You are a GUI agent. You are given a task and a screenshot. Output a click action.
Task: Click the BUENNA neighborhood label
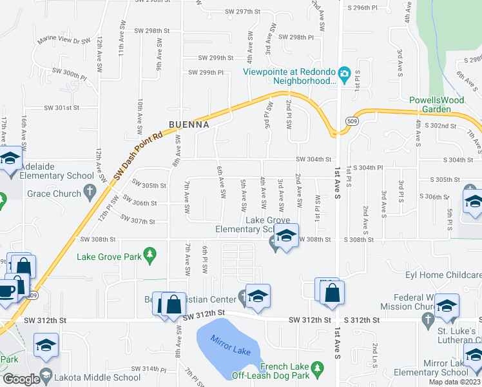coord(188,124)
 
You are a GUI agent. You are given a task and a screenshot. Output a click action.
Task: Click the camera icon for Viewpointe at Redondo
coord(344,74)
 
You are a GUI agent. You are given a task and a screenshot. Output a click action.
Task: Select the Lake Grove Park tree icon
coord(150,255)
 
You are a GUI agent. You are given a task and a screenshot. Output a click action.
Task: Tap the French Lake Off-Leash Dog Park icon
coord(316,368)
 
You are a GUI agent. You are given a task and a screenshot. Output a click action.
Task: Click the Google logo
coord(21,379)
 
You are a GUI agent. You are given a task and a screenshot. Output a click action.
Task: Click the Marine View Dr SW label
coord(64,41)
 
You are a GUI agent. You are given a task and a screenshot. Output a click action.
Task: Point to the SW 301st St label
coord(61,108)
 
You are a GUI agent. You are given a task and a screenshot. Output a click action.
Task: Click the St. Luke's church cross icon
coord(427,319)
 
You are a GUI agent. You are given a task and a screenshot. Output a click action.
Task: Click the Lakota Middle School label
coord(99,377)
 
